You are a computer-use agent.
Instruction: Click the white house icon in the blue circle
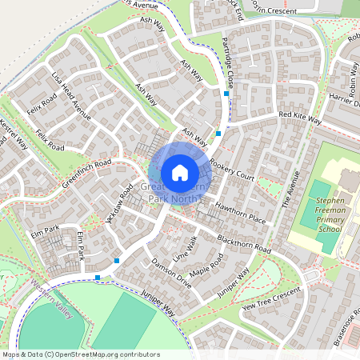[x=180, y=173]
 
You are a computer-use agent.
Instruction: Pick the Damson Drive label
[x=171, y=272]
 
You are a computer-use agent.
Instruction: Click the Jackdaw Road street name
[x=118, y=207]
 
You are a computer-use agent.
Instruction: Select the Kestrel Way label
[x=14, y=135]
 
